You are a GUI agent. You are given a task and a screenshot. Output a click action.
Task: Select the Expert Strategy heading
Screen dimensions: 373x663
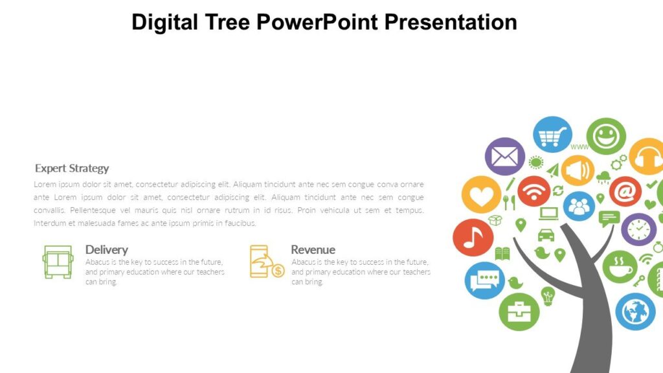coord(72,168)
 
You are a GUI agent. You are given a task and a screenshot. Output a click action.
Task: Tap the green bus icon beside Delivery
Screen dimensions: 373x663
coord(58,262)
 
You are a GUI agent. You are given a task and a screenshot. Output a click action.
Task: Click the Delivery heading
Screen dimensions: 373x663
coord(106,249)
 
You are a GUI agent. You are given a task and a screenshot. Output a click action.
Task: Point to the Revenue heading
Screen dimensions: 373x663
coord(313,249)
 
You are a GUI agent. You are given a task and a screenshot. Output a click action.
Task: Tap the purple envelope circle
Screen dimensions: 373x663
coord(505,156)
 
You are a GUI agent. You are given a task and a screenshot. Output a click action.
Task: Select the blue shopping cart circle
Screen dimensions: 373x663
coord(552,135)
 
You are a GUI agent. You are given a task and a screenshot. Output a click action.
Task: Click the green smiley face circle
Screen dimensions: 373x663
coord(606,136)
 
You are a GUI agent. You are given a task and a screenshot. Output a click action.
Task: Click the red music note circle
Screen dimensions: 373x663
coord(473,238)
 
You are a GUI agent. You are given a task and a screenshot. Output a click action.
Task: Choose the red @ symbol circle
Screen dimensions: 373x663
coord(625,192)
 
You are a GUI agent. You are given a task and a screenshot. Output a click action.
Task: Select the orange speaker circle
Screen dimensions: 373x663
coord(578,170)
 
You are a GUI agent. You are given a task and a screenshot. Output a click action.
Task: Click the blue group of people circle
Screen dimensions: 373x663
coord(579,207)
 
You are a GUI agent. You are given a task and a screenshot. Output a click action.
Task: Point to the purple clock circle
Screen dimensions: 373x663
coord(638,229)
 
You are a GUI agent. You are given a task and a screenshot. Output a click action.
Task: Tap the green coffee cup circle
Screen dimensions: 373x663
coord(620,267)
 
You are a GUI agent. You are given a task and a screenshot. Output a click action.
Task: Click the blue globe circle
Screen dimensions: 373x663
coord(635,311)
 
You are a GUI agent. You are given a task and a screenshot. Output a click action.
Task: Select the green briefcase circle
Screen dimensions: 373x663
coord(519,311)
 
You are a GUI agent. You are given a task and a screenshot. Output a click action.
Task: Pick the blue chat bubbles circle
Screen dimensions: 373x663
coord(484,280)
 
